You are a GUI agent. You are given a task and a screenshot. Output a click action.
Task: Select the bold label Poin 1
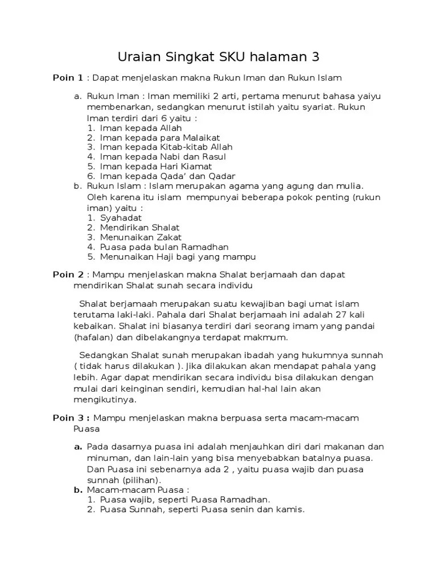(68, 77)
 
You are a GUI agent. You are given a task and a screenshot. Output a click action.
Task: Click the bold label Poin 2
(68, 275)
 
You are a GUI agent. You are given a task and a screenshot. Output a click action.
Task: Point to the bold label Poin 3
(68, 418)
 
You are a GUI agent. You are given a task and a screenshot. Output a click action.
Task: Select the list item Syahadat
(121, 218)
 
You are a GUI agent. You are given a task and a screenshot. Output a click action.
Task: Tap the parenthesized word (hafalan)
(93, 337)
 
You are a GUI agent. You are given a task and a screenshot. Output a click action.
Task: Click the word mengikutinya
(105, 399)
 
